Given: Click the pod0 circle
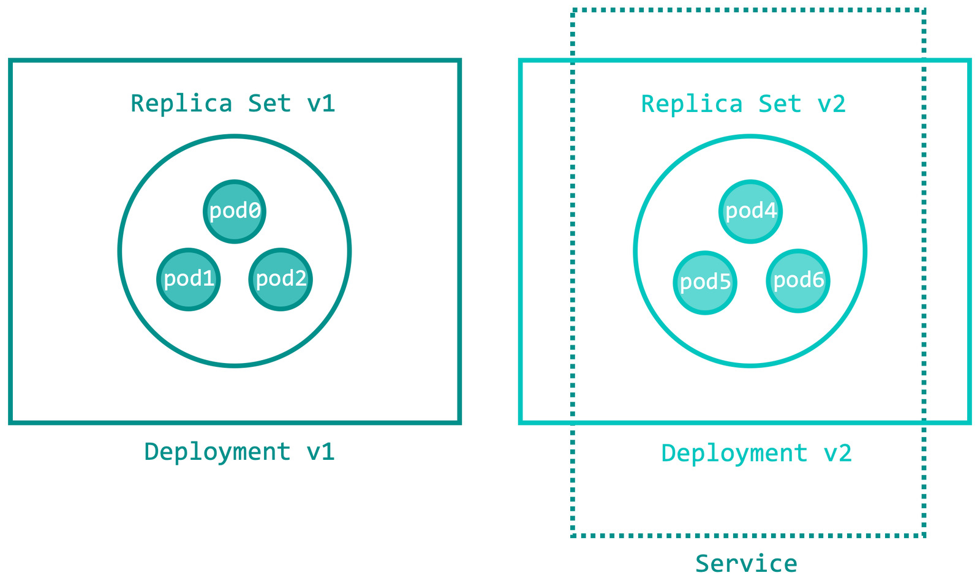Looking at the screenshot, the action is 235,212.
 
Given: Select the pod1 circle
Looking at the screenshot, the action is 189,279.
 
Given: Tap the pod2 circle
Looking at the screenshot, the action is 281,279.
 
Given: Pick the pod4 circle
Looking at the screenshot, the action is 751,212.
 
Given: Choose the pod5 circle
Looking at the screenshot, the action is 705,282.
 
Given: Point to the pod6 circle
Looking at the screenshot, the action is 798,280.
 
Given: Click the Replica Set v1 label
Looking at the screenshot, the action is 233,103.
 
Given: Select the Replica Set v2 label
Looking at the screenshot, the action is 744,104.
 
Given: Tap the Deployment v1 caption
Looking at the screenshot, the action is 239,452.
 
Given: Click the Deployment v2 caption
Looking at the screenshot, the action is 756,454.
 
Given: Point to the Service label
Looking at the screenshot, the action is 747,563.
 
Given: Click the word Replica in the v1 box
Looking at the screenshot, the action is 181,103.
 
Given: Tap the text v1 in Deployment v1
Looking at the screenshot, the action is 321,452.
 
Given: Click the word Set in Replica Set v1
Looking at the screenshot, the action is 269,103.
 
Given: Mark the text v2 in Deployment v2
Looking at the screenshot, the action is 838,453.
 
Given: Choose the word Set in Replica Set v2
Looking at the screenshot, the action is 780,104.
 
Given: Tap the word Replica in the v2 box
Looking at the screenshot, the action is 692,104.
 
